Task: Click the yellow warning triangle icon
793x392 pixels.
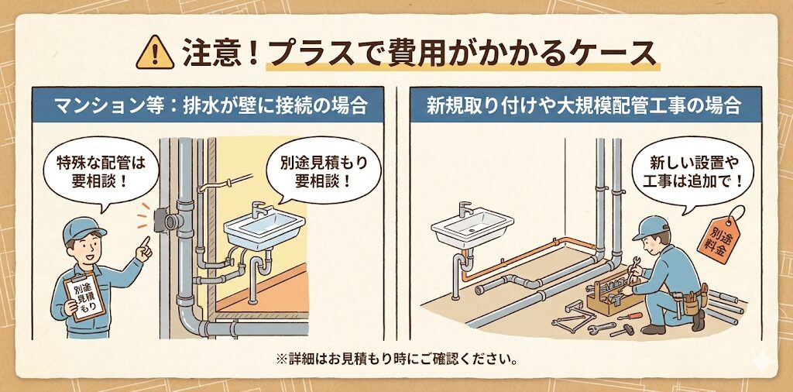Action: tap(155, 53)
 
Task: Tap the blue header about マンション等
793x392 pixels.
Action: tap(208, 105)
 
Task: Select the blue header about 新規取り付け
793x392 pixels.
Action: tap(585, 105)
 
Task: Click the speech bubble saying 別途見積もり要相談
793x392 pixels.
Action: tap(324, 172)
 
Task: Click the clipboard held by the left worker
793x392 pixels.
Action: tap(84, 297)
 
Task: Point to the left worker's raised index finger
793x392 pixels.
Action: tap(146, 242)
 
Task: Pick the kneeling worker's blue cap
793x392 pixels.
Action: tap(652, 228)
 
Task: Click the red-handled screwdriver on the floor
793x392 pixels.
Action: tap(630, 316)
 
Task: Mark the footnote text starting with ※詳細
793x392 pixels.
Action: tap(396, 361)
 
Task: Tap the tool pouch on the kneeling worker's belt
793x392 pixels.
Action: tap(689, 304)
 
